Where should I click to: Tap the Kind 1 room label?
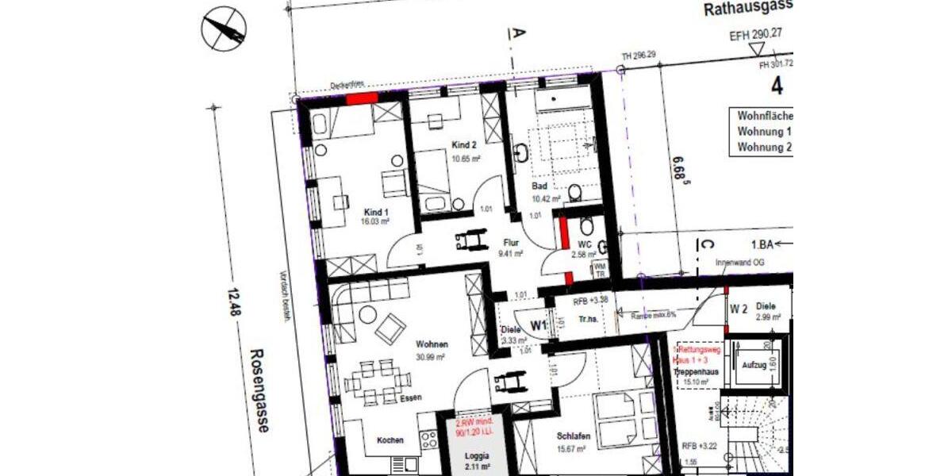pos(375,212)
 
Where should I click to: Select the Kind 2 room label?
pos(464,145)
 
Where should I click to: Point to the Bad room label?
pos(539,186)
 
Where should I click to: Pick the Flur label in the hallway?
pos(511,244)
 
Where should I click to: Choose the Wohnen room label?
pos(432,344)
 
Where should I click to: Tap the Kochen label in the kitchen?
pos(390,440)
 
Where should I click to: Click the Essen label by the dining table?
pos(410,397)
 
